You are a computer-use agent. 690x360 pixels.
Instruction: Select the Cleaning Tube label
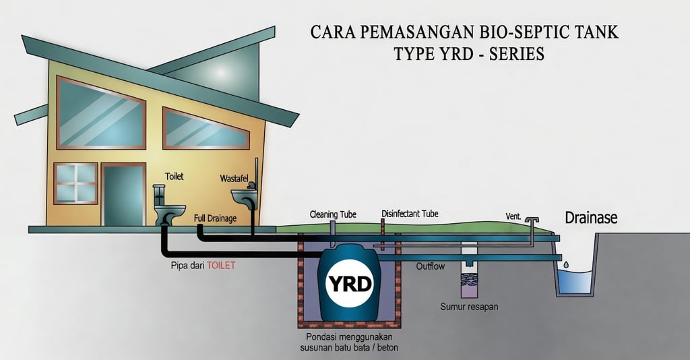coord(333,214)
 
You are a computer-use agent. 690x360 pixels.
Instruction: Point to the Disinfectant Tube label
coord(410,214)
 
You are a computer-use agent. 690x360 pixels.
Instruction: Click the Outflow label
coord(430,266)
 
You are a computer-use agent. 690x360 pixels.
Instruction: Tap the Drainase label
coord(591,218)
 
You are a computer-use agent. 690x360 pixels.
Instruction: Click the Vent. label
coord(513,216)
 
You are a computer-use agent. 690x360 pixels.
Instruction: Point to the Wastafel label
coord(234,179)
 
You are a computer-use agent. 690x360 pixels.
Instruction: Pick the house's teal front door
coord(123,196)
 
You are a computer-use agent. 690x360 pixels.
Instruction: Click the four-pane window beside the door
coord(75,183)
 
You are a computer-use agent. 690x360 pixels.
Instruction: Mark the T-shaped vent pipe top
coord(532,220)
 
